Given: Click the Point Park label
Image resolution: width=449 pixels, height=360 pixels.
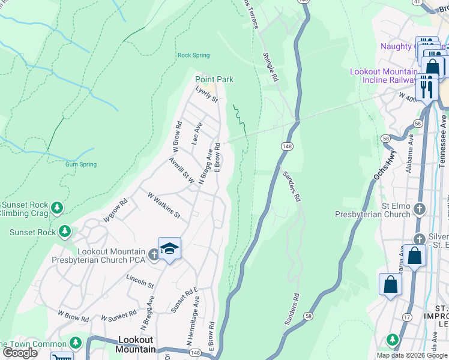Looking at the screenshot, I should tap(214, 79).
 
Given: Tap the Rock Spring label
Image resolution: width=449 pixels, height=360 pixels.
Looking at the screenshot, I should tap(193, 55).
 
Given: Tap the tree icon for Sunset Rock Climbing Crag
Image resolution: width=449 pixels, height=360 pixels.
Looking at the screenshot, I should tap(57, 208).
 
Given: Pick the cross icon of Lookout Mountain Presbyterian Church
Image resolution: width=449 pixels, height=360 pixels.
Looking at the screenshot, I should tap(154, 255).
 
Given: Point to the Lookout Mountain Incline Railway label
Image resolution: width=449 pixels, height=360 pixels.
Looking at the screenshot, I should tap(384, 76).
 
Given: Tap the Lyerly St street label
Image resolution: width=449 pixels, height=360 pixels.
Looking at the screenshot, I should tap(206, 94).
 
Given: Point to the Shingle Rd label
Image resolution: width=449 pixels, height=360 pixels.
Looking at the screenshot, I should tap(271, 66).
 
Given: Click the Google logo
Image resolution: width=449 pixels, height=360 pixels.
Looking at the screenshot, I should tap(20, 353).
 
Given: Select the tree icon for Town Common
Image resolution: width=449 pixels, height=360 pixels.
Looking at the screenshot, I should tap(75, 343).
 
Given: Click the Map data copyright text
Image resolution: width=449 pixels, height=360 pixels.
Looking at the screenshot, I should tap(411, 355).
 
